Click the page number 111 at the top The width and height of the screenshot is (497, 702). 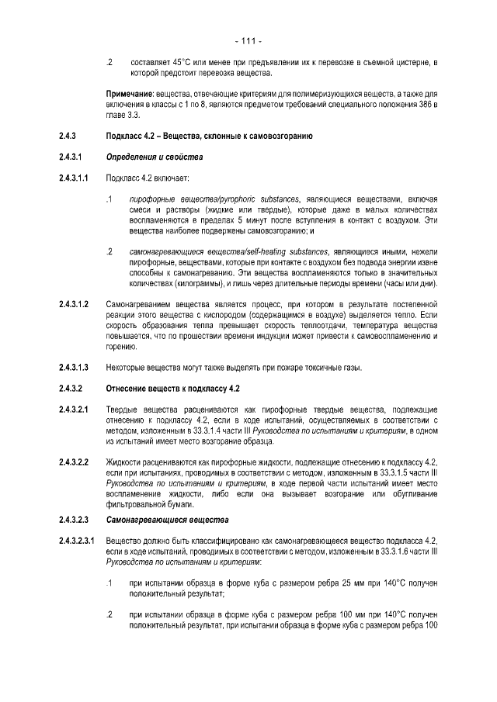click(248, 40)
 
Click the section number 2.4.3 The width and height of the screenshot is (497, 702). click(68, 137)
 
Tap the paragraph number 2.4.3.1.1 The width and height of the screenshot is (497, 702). click(74, 179)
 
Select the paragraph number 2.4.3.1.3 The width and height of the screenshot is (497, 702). click(74, 367)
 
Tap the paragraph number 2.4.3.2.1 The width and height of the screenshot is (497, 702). click(74, 410)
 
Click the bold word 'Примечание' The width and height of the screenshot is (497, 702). click(130, 95)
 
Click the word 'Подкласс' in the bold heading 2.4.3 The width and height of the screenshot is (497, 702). click(125, 137)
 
